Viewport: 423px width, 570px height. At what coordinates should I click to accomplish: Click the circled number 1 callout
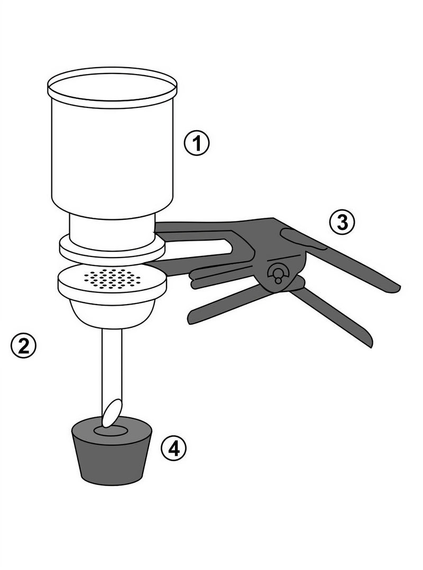click(196, 143)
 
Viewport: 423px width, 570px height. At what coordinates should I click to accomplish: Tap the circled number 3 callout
click(342, 223)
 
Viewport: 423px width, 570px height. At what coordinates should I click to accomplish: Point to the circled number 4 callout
click(174, 448)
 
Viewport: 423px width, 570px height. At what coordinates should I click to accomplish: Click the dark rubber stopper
click(112, 460)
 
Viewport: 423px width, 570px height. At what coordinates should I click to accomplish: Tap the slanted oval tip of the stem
click(112, 412)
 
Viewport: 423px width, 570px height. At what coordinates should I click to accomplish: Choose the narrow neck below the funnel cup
click(112, 226)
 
